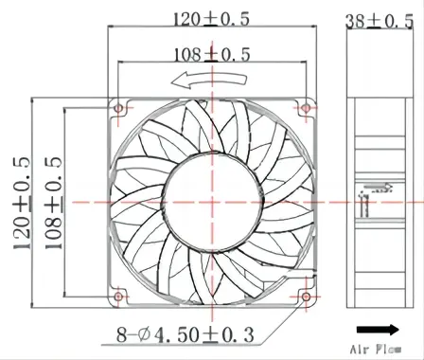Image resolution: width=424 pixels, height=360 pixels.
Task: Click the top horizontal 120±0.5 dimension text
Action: (x=212, y=19)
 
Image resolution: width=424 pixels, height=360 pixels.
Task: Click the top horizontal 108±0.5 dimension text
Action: (x=212, y=54)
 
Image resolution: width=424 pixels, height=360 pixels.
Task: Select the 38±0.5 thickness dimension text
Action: (x=380, y=22)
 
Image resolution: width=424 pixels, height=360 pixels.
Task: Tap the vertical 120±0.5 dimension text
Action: (x=22, y=203)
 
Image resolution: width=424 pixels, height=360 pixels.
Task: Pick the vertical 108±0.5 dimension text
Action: (x=53, y=203)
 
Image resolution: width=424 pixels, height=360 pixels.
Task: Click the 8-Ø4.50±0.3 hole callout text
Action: (x=185, y=334)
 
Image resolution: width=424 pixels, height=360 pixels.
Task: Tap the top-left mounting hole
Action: (x=118, y=109)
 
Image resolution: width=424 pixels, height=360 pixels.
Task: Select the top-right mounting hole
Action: (x=306, y=109)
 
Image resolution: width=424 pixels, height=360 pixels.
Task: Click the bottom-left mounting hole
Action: (x=118, y=297)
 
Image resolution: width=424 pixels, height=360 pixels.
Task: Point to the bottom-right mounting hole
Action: (x=306, y=297)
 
